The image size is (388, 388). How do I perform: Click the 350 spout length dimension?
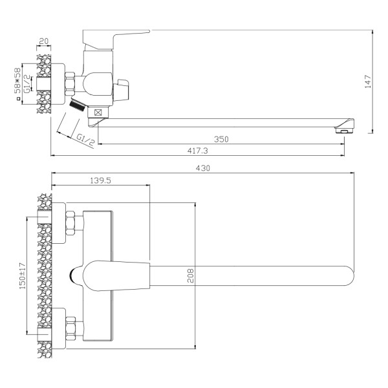click(x=221, y=139)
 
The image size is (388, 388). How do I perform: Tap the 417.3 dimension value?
click(x=197, y=151)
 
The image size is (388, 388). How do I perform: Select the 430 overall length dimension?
click(x=203, y=168)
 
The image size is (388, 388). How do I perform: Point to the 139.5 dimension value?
click(x=100, y=180)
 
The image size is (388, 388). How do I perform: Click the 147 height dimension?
click(x=368, y=81)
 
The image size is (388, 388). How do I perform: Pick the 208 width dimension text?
click(x=191, y=275)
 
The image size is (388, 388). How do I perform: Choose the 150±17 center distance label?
click(x=23, y=276)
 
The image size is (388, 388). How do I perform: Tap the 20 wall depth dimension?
click(x=44, y=41)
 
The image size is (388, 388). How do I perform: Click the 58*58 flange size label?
click(x=17, y=81)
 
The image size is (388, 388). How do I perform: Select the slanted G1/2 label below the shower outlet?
click(x=85, y=140)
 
